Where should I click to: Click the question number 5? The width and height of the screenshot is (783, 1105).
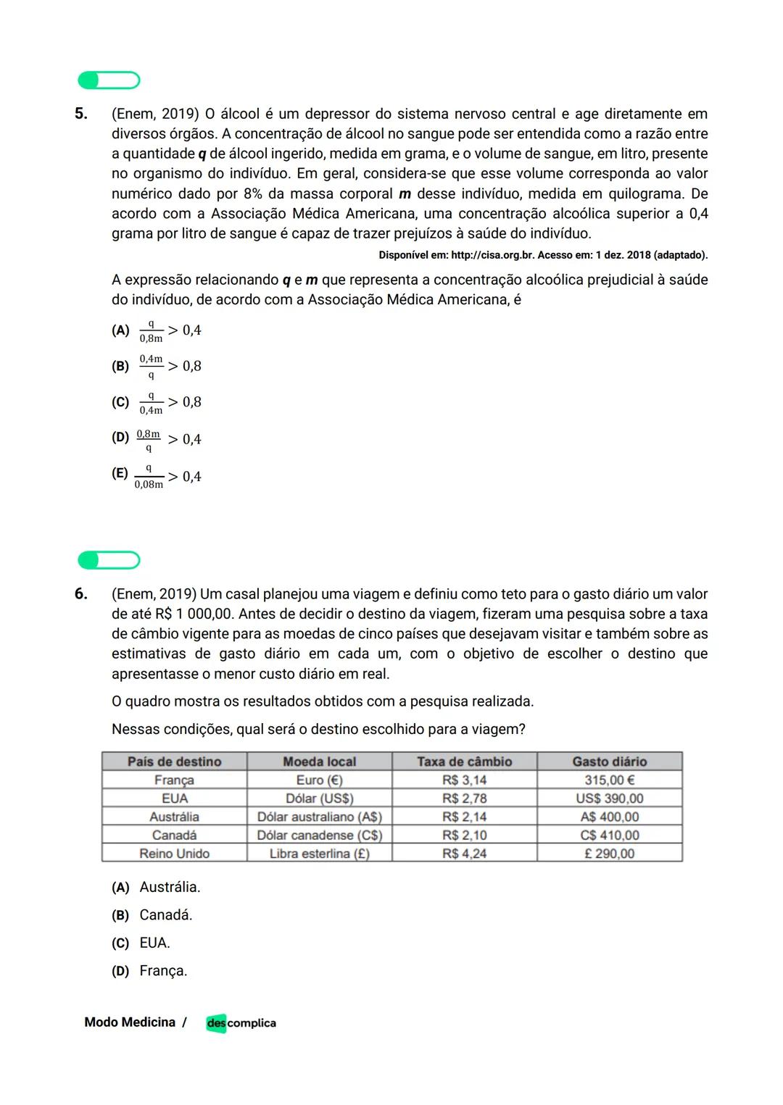click(x=81, y=114)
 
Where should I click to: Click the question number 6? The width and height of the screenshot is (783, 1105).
click(x=81, y=594)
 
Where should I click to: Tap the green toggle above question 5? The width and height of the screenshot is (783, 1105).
click(x=109, y=80)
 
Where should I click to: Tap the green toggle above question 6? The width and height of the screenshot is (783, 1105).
click(x=109, y=560)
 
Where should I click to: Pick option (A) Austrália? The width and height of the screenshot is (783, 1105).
click(x=157, y=887)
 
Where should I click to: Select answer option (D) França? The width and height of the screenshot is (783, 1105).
click(x=150, y=971)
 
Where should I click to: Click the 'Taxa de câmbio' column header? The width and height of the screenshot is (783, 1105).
click(x=464, y=762)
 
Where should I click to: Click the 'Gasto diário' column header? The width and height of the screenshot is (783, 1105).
click(x=609, y=762)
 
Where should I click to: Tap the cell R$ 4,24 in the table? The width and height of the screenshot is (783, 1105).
click(x=464, y=854)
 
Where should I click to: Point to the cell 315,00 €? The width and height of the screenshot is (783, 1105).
click(x=609, y=780)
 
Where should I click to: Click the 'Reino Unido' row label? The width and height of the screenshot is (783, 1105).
click(x=174, y=854)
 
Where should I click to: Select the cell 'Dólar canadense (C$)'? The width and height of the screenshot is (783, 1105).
click(x=319, y=835)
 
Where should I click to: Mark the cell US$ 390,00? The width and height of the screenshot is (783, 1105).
click(x=609, y=798)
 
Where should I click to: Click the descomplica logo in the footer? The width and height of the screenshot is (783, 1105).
click(x=241, y=1023)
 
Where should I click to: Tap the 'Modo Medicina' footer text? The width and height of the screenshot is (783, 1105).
click(x=130, y=1022)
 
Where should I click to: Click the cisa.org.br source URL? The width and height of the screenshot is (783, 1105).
click(x=492, y=255)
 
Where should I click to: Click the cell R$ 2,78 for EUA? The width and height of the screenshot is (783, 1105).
click(x=464, y=798)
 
